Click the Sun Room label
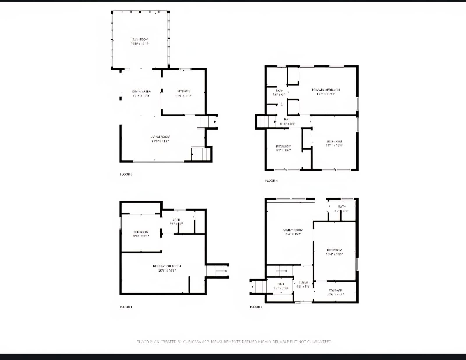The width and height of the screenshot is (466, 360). click(x=140, y=39)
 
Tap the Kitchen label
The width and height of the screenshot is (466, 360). click(x=183, y=91)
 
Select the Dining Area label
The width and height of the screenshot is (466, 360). click(x=141, y=91)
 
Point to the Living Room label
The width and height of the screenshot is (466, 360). click(x=160, y=136)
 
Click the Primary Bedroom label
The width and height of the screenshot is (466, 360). click(x=326, y=90)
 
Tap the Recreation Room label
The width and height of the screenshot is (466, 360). click(x=167, y=266)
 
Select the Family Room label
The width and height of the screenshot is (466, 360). click(x=292, y=230)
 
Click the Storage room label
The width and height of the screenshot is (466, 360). click(x=335, y=290)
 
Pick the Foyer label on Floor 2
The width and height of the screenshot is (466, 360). click(x=303, y=283)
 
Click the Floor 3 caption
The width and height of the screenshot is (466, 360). click(x=126, y=175)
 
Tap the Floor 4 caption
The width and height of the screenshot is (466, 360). click(x=271, y=181)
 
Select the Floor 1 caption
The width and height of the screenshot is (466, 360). click(x=126, y=307)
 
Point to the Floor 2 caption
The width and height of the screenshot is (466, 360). click(x=256, y=307)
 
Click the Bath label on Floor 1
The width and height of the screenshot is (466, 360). click(x=176, y=219)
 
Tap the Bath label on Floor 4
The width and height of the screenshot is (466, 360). click(x=279, y=91)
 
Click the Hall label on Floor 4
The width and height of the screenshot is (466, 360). click(x=287, y=120)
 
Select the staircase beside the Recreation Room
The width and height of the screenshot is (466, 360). click(x=217, y=271)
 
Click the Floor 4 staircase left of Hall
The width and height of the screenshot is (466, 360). click(x=266, y=122)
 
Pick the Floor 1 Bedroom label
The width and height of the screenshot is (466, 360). click(x=141, y=232)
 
